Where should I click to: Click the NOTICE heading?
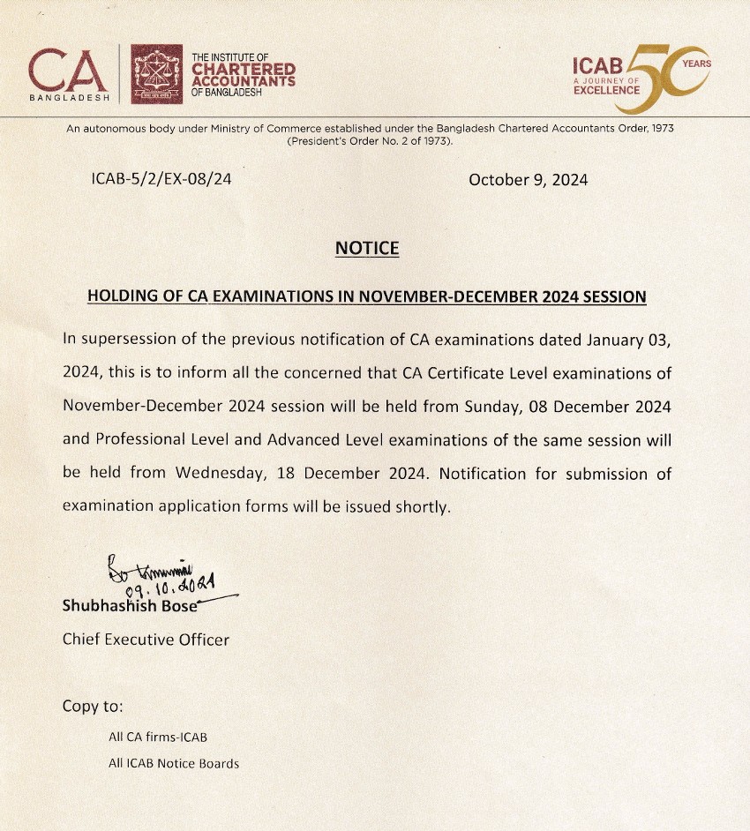[367, 249]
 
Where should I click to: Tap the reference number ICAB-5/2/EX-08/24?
[161, 179]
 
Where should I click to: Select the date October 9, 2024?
[529, 180]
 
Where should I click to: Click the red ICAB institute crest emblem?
[157, 74]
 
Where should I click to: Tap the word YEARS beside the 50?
[696, 64]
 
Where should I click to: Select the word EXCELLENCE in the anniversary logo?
[606, 90]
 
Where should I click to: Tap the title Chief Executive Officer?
[146, 640]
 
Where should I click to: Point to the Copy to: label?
[93, 707]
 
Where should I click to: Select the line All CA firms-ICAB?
[158, 737]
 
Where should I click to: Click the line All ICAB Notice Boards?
[174, 764]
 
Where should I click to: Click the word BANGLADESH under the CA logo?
[70, 97]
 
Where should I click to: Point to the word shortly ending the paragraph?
[423, 506]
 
